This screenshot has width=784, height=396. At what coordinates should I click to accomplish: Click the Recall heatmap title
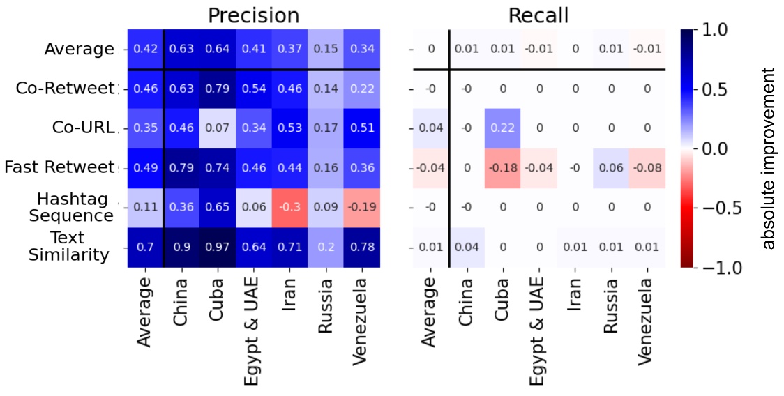tap(539, 15)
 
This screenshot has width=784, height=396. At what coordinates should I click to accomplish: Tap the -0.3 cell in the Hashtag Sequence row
tap(290, 208)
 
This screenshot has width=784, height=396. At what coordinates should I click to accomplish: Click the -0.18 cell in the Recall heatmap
tap(503, 168)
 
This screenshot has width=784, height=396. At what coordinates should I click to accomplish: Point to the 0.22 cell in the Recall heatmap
tap(503, 128)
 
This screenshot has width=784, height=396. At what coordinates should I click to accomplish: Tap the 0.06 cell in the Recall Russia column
tap(611, 168)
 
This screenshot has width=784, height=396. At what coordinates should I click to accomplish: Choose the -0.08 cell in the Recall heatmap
tap(647, 168)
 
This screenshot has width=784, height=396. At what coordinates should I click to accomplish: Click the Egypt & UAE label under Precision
tap(254, 328)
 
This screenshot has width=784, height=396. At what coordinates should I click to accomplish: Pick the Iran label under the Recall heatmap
tap(575, 297)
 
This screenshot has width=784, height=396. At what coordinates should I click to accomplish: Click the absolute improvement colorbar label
tap(768, 158)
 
